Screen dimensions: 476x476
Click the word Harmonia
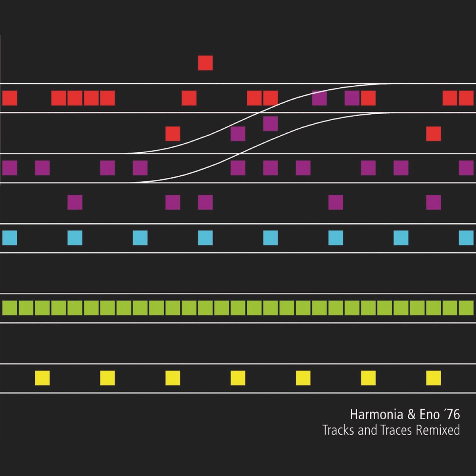point(376,415)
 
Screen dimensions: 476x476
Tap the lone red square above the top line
point(205,63)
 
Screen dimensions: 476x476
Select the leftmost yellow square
point(42,378)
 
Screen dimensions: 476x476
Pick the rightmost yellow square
point(434,378)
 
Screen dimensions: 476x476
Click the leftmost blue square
point(10,238)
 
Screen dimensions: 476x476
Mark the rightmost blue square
point(466,238)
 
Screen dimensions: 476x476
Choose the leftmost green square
point(10,308)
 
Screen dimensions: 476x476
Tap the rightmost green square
point(466,308)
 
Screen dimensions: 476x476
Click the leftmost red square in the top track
point(10,98)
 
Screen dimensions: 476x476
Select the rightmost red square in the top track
point(466,98)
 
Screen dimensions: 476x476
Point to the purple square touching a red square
point(352,98)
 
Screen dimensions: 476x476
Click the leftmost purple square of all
point(10,168)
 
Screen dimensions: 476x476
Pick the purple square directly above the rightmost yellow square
point(434,202)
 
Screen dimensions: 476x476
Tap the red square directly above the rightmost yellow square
point(434,134)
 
